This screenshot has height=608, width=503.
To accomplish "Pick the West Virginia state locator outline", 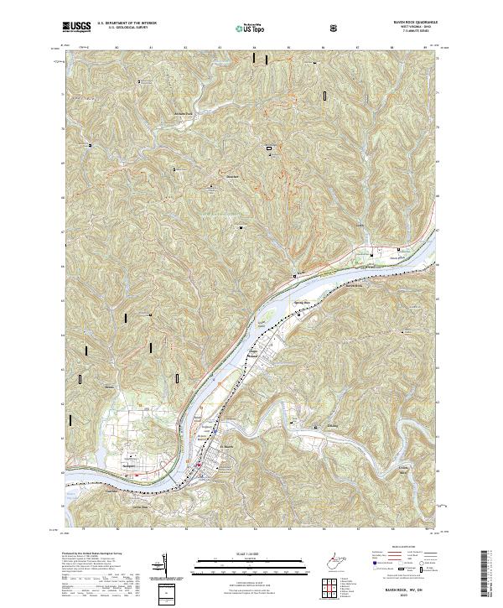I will [x=335, y=558].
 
